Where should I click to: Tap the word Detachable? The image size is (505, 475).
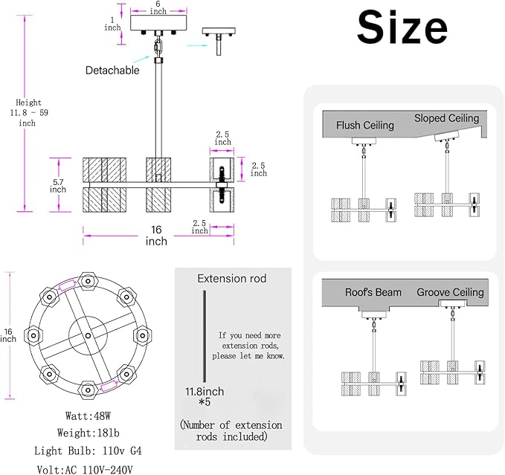point(112,70)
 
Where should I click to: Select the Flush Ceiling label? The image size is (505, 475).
point(365,125)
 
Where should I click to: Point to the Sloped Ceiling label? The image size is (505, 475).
point(447,118)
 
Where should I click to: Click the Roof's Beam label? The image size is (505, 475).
point(373,292)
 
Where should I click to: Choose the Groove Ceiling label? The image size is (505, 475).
point(450,292)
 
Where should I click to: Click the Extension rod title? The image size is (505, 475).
point(232,278)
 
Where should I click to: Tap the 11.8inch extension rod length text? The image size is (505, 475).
point(205,392)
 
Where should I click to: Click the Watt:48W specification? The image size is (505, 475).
point(88,416)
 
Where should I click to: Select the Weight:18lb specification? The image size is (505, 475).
point(88,433)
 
